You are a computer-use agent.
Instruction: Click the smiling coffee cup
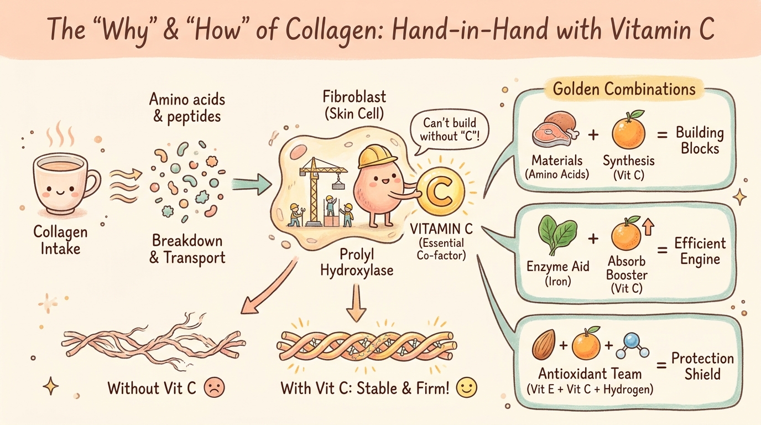pos(65,184)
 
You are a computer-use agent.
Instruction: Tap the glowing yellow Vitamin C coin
pos(441,191)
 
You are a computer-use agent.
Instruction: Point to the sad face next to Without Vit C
pos(214,387)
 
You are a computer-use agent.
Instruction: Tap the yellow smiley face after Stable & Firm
pos(466,387)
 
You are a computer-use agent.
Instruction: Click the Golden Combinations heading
pos(624,89)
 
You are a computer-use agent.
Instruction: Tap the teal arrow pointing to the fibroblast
pos(252,184)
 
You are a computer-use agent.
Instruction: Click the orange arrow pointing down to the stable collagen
pos(356,303)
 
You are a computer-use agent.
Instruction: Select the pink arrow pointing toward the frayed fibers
pos(268,286)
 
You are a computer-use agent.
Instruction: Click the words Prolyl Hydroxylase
pos(357,262)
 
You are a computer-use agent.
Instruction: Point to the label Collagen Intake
pos(60,240)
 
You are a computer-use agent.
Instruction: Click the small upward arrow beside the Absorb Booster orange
pos(648,227)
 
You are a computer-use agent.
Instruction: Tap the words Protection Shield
pos(702,366)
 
